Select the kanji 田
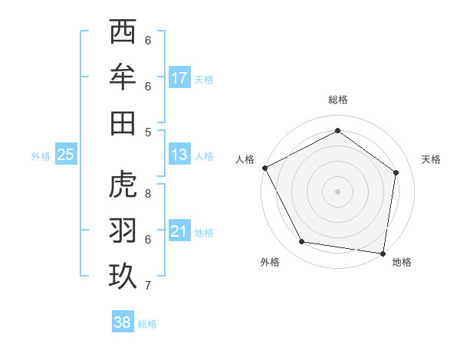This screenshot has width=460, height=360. [x=123, y=123]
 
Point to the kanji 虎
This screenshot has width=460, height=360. [x=123, y=185]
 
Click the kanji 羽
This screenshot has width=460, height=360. [x=123, y=231]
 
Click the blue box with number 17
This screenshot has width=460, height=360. [x=179, y=78]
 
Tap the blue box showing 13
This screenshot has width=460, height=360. [x=179, y=155]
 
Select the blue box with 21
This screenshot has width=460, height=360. [x=179, y=231]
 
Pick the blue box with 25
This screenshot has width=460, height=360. [x=65, y=155]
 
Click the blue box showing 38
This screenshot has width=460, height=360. [x=122, y=322]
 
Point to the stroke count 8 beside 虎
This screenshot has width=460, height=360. [x=148, y=194]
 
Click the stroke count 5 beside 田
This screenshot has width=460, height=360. [x=148, y=132]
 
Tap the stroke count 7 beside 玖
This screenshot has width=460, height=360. [x=148, y=286]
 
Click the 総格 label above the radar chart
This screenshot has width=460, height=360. [x=338, y=100]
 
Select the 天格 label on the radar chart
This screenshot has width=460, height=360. [x=432, y=159]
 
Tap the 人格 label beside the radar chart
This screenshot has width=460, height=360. [x=245, y=159]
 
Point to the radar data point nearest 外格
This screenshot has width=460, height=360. [x=302, y=242]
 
